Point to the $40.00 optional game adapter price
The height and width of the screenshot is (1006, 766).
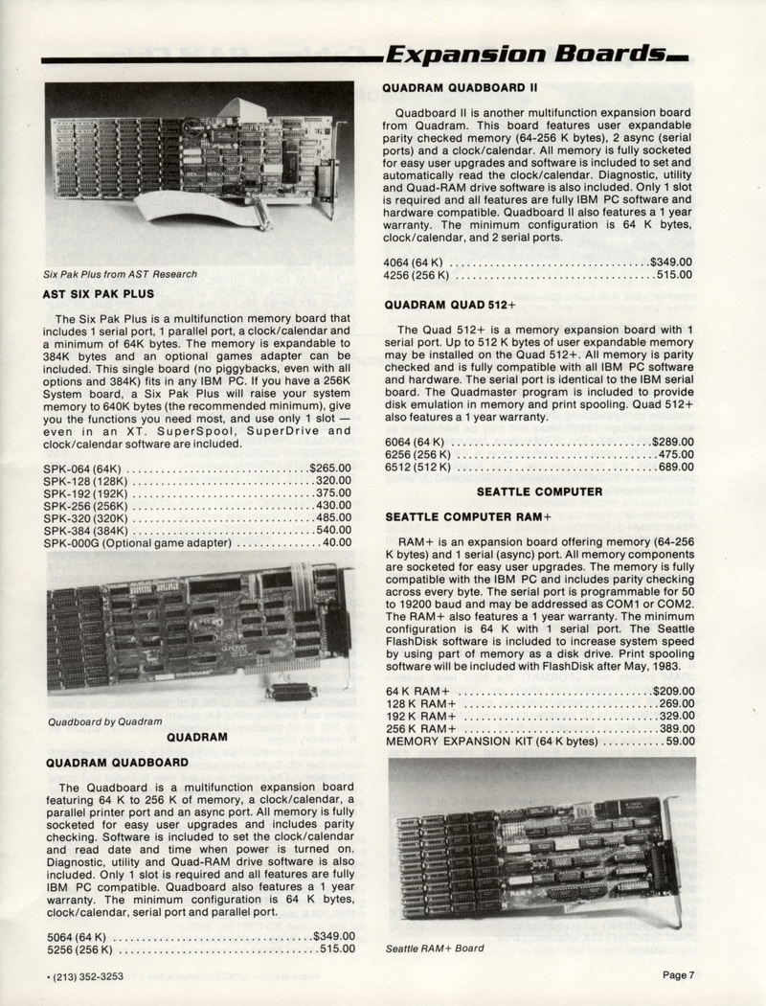(336, 542)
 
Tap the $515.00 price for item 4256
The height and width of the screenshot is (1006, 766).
(673, 275)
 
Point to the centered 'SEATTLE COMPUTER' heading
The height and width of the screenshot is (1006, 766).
(539, 492)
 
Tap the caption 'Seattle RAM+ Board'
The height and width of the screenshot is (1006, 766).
(434, 949)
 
